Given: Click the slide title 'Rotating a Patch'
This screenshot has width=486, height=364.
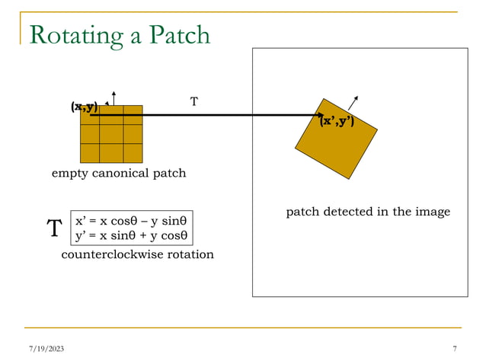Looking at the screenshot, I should (x=119, y=34).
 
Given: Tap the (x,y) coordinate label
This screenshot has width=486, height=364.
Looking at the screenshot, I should (x=85, y=107).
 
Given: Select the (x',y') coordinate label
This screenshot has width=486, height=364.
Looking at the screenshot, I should (x=337, y=120).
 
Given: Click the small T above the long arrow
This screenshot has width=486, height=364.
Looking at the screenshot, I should (x=193, y=101).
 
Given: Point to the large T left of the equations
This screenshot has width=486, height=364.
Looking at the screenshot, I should (x=53, y=228).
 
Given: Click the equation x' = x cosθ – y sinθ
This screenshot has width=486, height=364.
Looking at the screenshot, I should (x=131, y=221).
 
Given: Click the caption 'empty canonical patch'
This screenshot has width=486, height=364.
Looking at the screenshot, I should (x=118, y=174).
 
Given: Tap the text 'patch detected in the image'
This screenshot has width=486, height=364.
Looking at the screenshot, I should (x=368, y=212).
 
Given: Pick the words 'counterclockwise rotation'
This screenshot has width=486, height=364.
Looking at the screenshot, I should (x=137, y=254).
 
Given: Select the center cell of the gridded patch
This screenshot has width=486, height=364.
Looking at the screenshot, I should (x=111, y=134).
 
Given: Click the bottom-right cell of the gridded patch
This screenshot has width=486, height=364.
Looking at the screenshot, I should (x=133, y=153).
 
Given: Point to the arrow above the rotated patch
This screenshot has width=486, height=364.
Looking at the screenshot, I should (x=353, y=104).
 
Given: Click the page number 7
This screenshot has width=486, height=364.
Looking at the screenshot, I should (x=454, y=349).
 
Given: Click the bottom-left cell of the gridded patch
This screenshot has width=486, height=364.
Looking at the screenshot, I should (x=91, y=153).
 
